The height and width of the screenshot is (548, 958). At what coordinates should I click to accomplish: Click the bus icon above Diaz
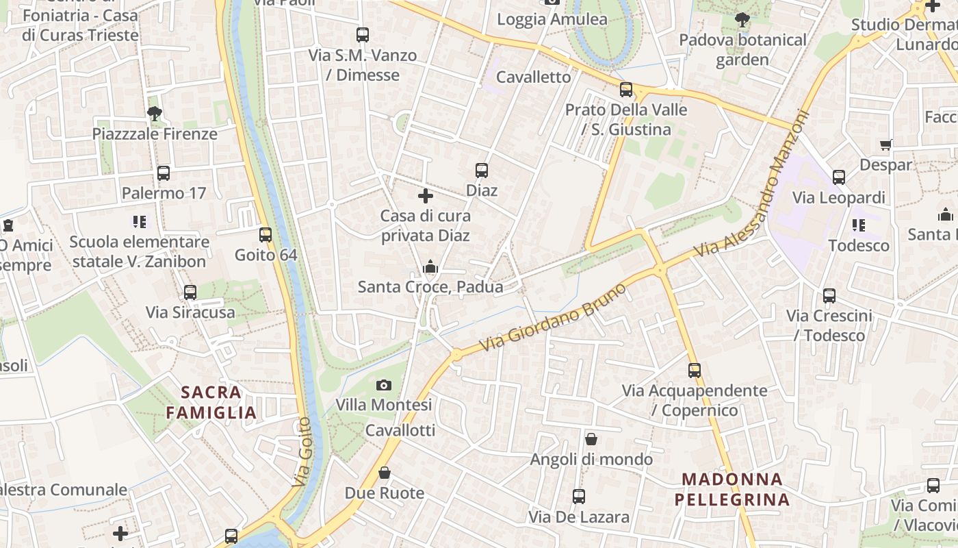pyautogui.click(x=482, y=170)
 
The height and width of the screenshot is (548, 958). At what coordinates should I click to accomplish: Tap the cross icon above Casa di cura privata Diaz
pyautogui.click(x=426, y=197)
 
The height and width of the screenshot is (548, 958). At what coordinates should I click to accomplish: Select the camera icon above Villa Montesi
pyautogui.click(x=384, y=385)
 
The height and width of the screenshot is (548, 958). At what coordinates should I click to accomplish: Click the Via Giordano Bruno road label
pyautogui.click(x=554, y=319)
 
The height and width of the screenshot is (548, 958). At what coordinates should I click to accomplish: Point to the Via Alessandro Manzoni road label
pyautogui.click(x=753, y=185)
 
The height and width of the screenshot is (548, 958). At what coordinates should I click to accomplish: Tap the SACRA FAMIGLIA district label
pyautogui.click(x=211, y=403)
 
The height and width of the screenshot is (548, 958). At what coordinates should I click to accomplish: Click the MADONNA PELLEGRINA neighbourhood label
pyautogui.click(x=732, y=490)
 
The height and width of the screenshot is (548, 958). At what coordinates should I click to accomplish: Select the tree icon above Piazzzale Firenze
pyautogui.click(x=155, y=114)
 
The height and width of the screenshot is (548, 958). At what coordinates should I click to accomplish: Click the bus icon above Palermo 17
pyautogui.click(x=164, y=173)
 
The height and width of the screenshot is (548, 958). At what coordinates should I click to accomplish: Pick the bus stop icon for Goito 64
pyautogui.click(x=266, y=235)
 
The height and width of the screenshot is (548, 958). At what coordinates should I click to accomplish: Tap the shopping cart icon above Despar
pyautogui.click(x=886, y=145)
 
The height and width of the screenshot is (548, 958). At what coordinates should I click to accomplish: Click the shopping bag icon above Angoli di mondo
pyautogui.click(x=591, y=439)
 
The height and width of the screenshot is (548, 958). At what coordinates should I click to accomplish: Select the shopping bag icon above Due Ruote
pyautogui.click(x=385, y=473)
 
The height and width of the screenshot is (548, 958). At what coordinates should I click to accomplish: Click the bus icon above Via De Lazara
pyautogui.click(x=579, y=497)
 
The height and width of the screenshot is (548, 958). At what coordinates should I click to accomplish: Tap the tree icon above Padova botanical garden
pyautogui.click(x=742, y=20)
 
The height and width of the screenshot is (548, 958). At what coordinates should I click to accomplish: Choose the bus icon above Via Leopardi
pyautogui.click(x=839, y=177)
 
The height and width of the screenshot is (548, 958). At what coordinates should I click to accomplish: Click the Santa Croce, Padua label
pyautogui.click(x=430, y=286)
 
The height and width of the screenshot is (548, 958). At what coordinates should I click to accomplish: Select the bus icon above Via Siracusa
pyautogui.click(x=190, y=292)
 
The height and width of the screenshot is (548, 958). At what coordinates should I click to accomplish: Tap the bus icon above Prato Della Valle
pyautogui.click(x=626, y=90)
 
